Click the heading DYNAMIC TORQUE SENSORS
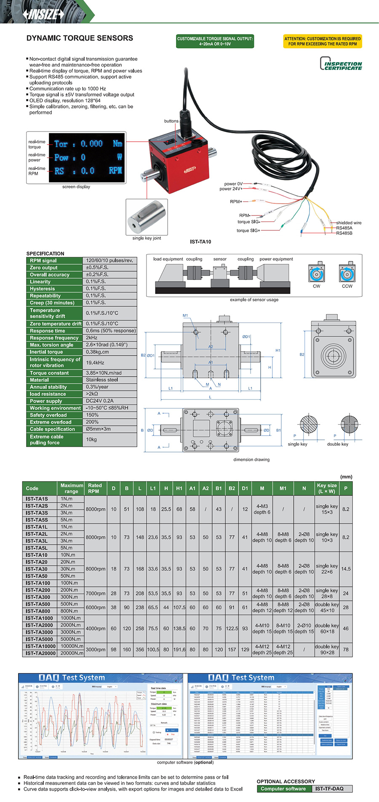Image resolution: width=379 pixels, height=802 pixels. coord(80,38)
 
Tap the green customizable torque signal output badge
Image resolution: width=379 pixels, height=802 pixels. coord(215,41)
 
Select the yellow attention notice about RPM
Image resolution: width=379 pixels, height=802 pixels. coord(323,41)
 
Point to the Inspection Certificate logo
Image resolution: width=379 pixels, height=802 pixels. coord(341,64)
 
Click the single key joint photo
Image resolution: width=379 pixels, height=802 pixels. coord(147,217)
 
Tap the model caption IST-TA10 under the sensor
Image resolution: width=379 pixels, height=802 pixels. coord(200,242)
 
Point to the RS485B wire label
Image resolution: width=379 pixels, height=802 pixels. coord(344,233)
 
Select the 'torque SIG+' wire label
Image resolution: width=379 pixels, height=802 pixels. coord(248,231)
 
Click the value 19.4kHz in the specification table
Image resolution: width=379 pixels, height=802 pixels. coord(95,363)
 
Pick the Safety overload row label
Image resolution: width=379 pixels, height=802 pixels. coord(48,415)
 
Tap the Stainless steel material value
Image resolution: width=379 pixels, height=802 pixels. coord(102,380)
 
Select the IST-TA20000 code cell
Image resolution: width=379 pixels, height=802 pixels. coord(40,653)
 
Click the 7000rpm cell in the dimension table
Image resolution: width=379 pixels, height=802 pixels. coord(96,593)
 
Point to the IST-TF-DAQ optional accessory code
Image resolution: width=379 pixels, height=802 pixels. coord(329,789)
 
